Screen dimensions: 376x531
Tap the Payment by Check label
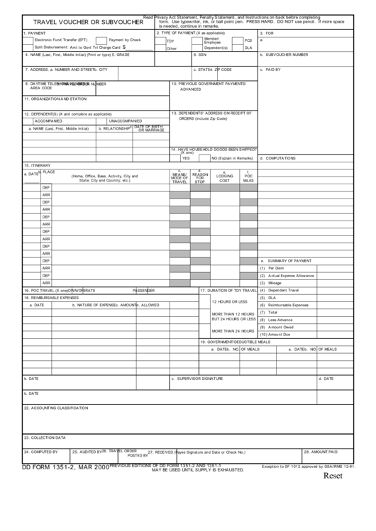point(125,40)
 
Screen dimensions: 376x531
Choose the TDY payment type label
point(170,41)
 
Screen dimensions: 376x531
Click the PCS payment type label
point(248,40)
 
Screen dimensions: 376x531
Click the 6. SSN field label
point(199,54)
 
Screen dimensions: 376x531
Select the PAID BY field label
point(272,69)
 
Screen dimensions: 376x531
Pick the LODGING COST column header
point(224,177)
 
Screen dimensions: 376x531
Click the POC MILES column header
point(248,177)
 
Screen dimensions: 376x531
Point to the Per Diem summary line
point(276,268)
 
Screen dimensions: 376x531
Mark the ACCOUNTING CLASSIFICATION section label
point(56,408)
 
